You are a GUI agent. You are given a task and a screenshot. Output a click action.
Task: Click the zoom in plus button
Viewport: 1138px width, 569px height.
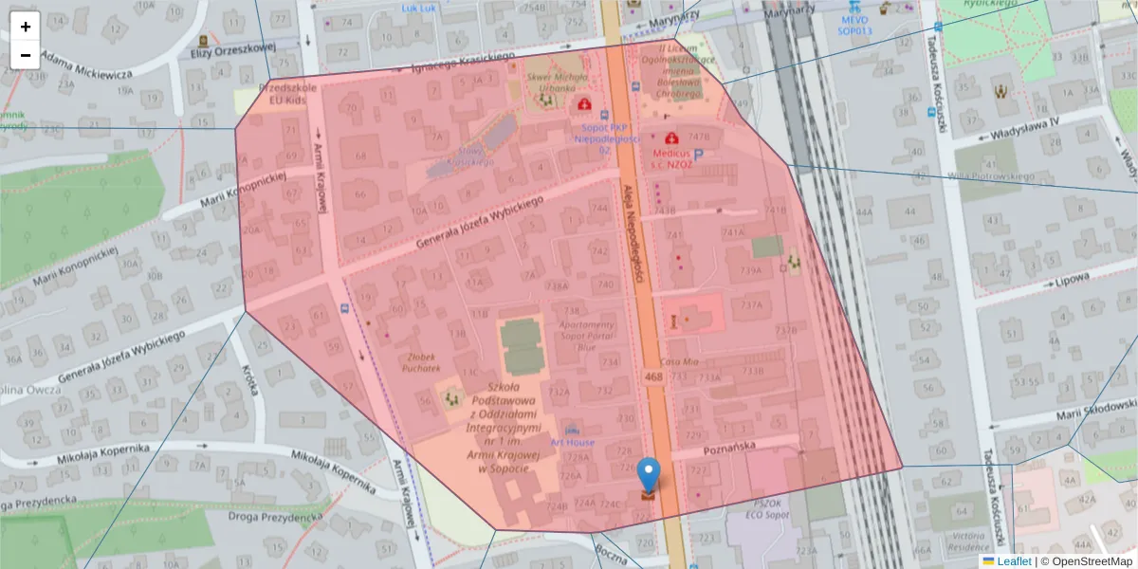(x=26, y=27)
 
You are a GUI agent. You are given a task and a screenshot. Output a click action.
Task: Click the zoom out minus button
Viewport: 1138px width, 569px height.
(x=26, y=54)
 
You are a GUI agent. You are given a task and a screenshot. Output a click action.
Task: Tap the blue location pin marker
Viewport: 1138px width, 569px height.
(x=649, y=475)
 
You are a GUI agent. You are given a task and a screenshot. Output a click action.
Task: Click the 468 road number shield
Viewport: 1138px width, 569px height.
(x=653, y=376)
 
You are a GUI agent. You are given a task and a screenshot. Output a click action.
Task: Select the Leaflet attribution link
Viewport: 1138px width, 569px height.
(x=1013, y=561)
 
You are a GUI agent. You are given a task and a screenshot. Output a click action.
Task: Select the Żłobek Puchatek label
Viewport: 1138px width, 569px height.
(x=424, y=362)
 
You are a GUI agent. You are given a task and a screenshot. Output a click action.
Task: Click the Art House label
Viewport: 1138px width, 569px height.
(x=572, y=443)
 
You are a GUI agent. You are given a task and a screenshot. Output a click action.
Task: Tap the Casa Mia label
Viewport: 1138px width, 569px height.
(x=679, y=361)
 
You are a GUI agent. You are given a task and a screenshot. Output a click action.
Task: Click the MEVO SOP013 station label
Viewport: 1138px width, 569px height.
(x=853, y=25)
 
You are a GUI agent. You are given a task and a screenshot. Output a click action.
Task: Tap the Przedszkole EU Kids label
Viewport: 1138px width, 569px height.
(x=274, y=92)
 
